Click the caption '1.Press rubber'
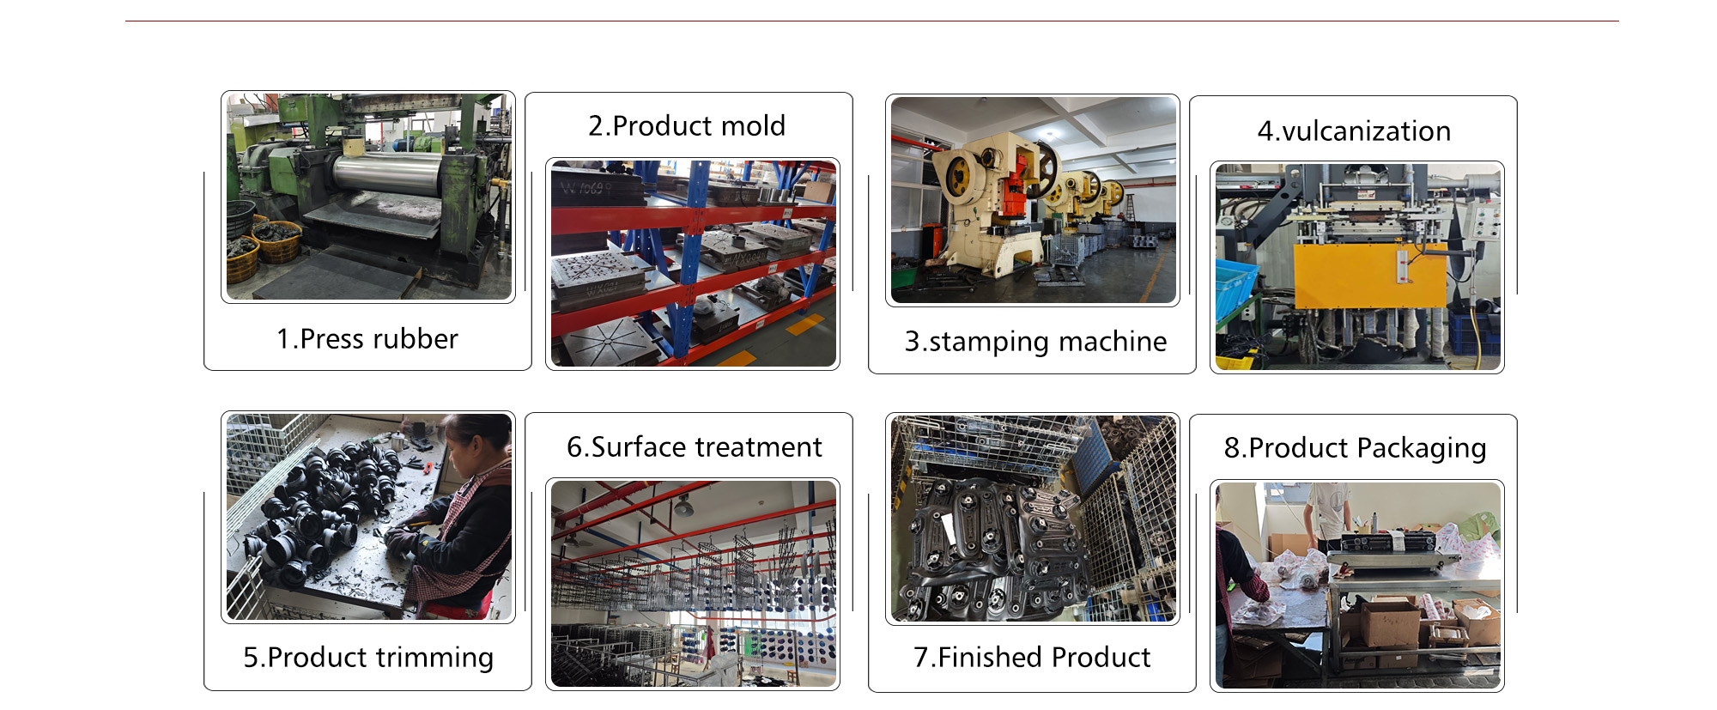tap(367, 339)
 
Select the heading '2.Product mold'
tap(687, 126)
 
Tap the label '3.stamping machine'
tap(1035, 342)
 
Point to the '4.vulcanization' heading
tap(1354, 131)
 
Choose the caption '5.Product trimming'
tap(368, 658)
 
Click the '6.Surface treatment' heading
tap(695, 447)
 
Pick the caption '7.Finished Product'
tap(1032, 658)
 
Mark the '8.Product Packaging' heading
tap(1355, 448)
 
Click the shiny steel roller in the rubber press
tap(386, 173)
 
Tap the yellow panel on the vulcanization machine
tap(1370, 276)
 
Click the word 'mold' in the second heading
tap(753, 126)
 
